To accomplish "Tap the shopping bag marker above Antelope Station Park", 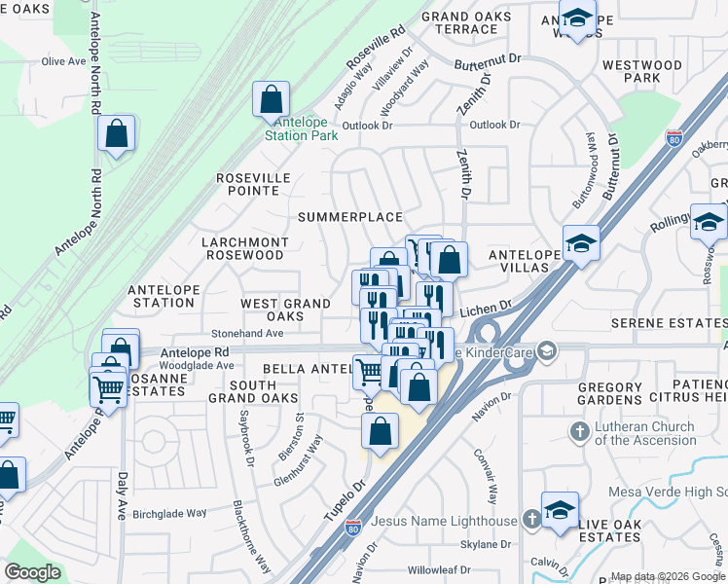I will click(x=271, y=99).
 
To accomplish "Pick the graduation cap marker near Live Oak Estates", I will click(x=560, y=511).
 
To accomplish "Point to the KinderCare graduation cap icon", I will click(x=547, y=350).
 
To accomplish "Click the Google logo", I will click(x=34, y=572).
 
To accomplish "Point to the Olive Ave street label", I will click(x=64, y=61).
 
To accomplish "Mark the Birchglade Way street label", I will click(x=170, y=513).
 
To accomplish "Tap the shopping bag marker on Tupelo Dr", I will click(x=381, y=430).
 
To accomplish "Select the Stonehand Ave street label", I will click(x=247, y=333).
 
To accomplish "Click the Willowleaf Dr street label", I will click(x=439, y=569).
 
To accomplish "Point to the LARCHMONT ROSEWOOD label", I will click(x=243, y=248).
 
